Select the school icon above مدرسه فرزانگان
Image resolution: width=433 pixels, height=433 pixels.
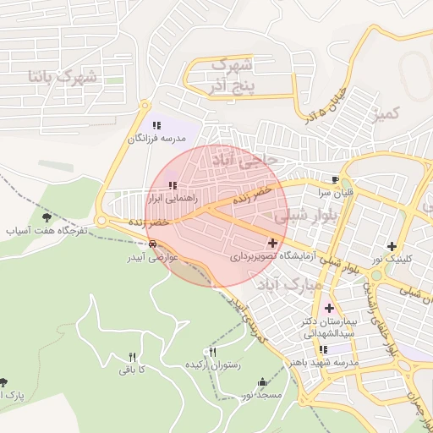(156, 125)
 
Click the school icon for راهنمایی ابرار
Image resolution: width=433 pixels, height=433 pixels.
(173, 185)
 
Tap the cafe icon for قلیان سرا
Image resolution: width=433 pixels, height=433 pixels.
(336, 180)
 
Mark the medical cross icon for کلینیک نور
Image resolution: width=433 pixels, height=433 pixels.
(391, 246)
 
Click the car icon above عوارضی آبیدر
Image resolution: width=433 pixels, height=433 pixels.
(151, 244)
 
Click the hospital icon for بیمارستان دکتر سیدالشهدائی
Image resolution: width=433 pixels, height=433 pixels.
(328, 308)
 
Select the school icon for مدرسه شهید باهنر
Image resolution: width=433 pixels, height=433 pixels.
(323, 349)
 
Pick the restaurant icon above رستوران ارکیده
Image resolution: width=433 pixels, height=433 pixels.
(212, 353)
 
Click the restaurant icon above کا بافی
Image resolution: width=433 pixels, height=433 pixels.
(131, 357)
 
